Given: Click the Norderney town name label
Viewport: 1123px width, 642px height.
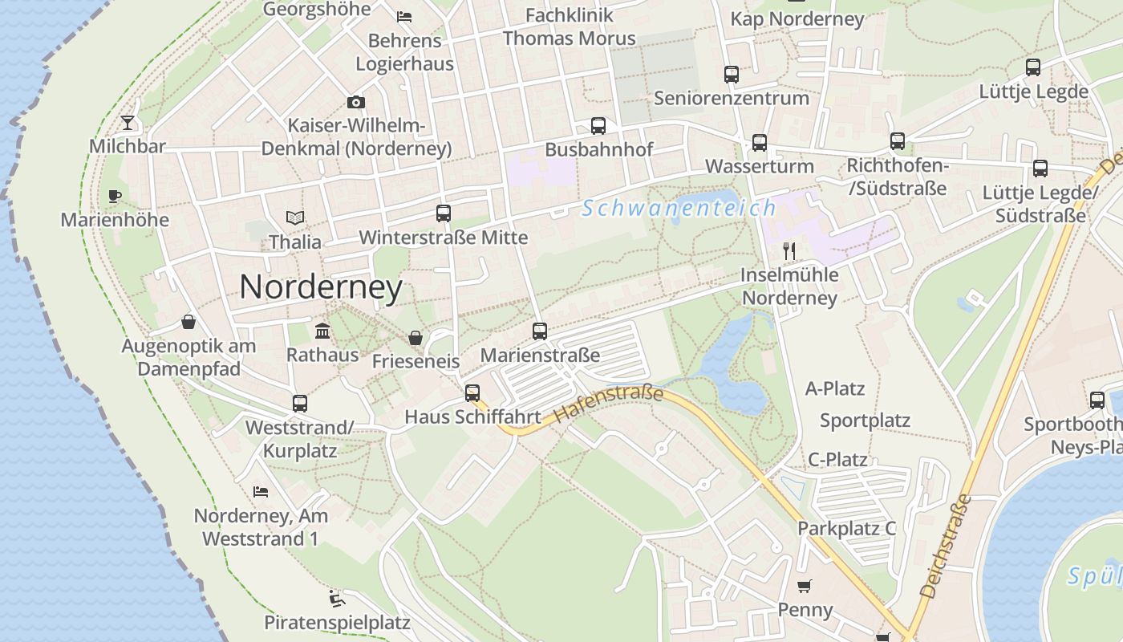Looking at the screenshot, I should [321, 287].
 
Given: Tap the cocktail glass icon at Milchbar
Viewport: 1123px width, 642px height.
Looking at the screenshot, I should [128, 123].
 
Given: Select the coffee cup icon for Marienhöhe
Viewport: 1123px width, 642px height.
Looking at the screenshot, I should [115, 196].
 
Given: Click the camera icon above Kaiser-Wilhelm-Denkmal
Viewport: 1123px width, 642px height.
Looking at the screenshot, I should [356, 102].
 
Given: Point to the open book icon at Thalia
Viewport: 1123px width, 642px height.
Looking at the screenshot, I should [295, 217].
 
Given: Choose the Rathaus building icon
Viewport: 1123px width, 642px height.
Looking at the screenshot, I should [322, 331].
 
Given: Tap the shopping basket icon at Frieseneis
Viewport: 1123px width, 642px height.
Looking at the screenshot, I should [416, 338].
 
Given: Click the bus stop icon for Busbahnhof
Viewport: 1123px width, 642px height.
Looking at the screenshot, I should [598, 126].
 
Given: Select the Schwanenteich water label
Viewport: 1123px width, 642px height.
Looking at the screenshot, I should [679, 209].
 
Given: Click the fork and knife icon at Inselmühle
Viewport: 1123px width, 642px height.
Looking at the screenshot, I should [789, 251].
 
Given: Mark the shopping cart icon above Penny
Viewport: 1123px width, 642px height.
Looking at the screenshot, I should [805, 586].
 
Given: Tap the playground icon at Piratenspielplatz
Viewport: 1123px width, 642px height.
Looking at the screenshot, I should [337, 599].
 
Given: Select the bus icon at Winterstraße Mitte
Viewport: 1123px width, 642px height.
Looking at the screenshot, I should [444, 213].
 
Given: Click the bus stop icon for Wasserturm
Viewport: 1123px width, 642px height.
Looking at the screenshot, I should [759, 143].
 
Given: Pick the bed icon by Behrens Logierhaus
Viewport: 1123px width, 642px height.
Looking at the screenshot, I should [405, 16].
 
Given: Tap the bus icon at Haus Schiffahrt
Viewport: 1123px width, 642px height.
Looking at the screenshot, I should [472, 393].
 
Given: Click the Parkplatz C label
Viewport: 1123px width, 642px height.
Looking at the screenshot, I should [846, 529].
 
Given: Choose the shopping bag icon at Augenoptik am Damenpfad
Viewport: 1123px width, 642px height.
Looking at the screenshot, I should [189, 323].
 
